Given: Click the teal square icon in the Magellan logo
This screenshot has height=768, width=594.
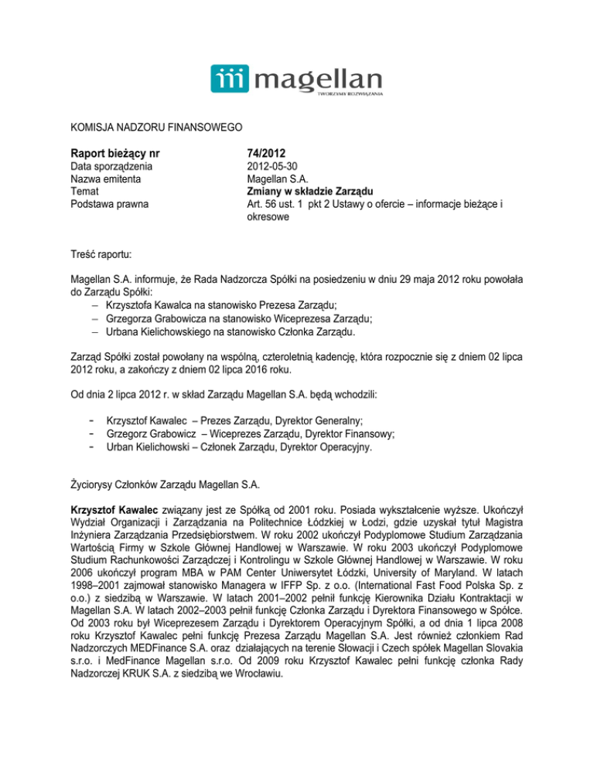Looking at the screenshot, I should click(x=230, y=79).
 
